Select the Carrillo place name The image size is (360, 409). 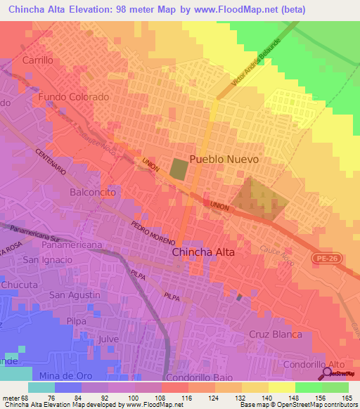[x=38, y=60]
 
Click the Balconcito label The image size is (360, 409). [x=92, y=191]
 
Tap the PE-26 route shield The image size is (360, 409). [x=324, y=260]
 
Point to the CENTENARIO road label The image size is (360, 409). [x=50, y=162]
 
